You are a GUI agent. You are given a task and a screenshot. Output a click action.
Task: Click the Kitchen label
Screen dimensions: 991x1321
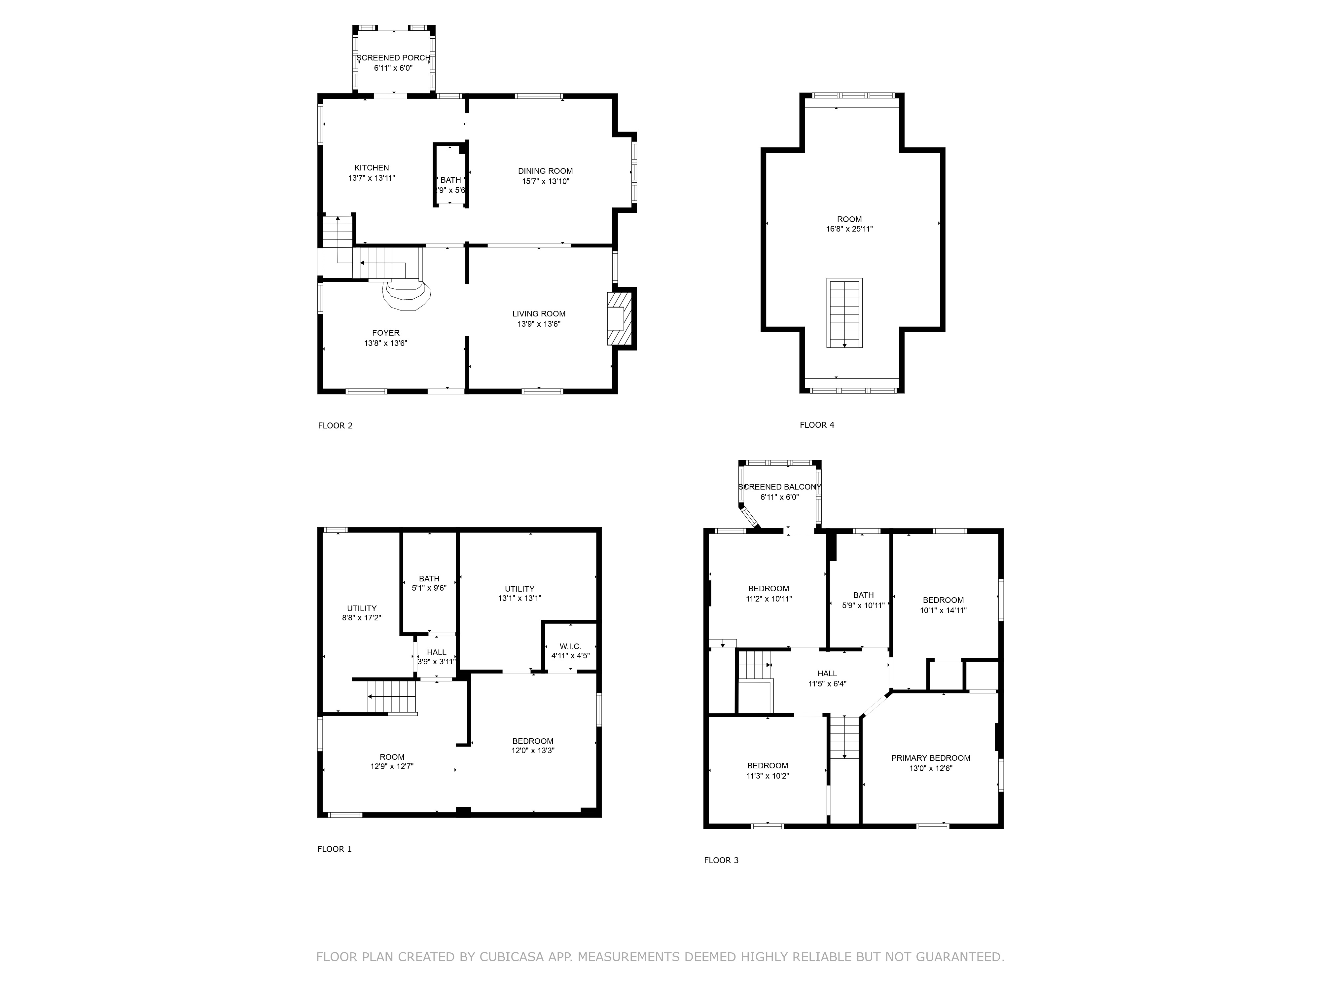pyautogui.click(x=372, y=168)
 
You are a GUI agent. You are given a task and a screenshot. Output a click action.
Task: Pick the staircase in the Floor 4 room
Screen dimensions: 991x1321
pyautogui.click(x=844, y=312)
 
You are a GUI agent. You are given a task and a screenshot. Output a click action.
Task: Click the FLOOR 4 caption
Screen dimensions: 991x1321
pyautogui.click(x=816, y=425)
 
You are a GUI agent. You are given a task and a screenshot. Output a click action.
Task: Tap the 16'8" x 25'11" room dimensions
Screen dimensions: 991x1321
pyautogui.click(x=849, y=229)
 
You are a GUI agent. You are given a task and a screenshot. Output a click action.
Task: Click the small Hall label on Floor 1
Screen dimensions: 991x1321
pyautogui.click(x=437, y=652)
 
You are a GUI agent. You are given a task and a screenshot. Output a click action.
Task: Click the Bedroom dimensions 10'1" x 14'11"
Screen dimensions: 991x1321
pyautogui.click(x=943, y=610)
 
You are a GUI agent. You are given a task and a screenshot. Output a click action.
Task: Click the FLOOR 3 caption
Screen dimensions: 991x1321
pyautogui.click(x=721, y=860)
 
